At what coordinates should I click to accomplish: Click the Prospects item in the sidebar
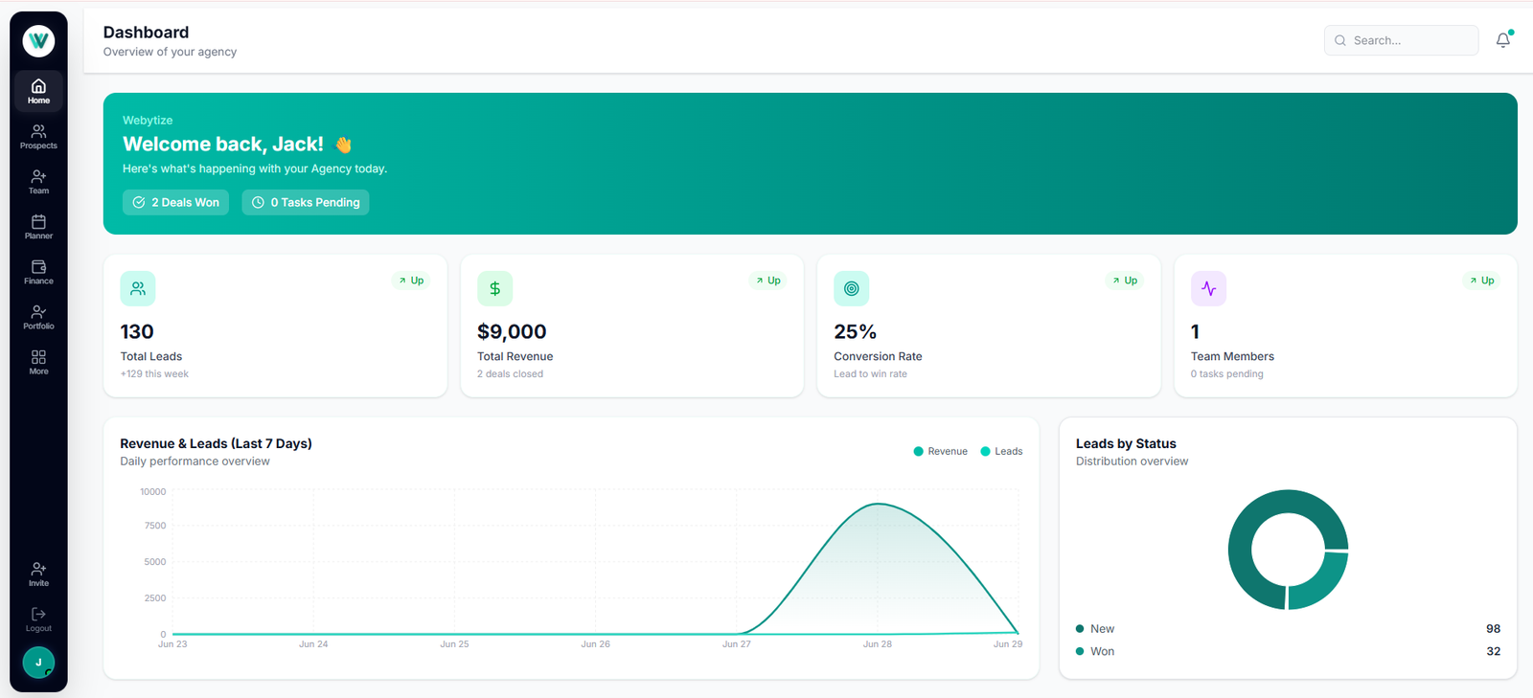pos(38,137)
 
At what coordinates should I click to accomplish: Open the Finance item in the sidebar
pos(38,272)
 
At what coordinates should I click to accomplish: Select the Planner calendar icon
pos(38,221)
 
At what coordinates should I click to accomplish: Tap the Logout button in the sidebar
pos(38,619)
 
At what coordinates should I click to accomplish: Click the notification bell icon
pos(1503,40)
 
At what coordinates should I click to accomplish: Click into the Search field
pos(1401,40)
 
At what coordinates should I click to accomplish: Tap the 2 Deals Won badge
pos(176,202)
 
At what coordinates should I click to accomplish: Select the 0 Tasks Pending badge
pos(306,202)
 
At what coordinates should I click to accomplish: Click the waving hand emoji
pos(342,145)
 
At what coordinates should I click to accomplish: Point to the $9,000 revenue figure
pos(512,331)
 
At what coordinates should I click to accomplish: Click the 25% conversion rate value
pos(855,331)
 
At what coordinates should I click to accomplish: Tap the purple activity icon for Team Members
pos(1208,288)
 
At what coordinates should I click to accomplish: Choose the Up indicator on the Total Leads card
pos(411,281)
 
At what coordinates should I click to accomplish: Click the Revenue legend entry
pos(940,451)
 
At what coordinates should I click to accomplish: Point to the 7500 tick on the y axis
pos(154,526)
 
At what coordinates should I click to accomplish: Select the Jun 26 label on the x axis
pos(595,644)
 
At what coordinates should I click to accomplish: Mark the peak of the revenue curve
pos(879,504)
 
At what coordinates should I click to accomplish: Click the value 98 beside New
pos(1494,629)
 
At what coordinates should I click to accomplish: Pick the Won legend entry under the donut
pos(1095,651)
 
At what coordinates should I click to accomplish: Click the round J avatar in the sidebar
pos(38,663)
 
